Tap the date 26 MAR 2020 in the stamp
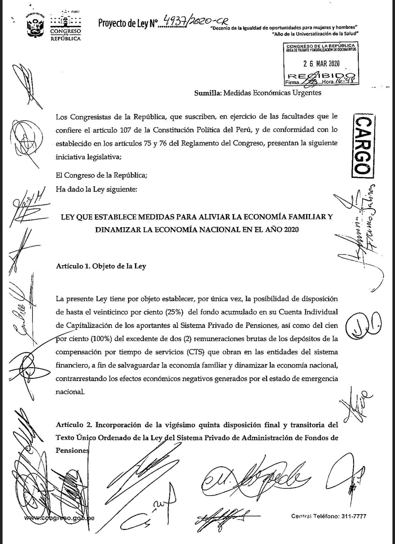pyautogui.click(x=321, y=64)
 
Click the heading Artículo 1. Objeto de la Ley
pyautogui.click(x=101, y=266)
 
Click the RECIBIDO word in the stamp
pyautogui.click(x=321, y=76)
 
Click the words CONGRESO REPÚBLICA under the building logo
pyautogui.click(x=66, y=35)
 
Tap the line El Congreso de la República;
pyautogui.click(x=101, y=175)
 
